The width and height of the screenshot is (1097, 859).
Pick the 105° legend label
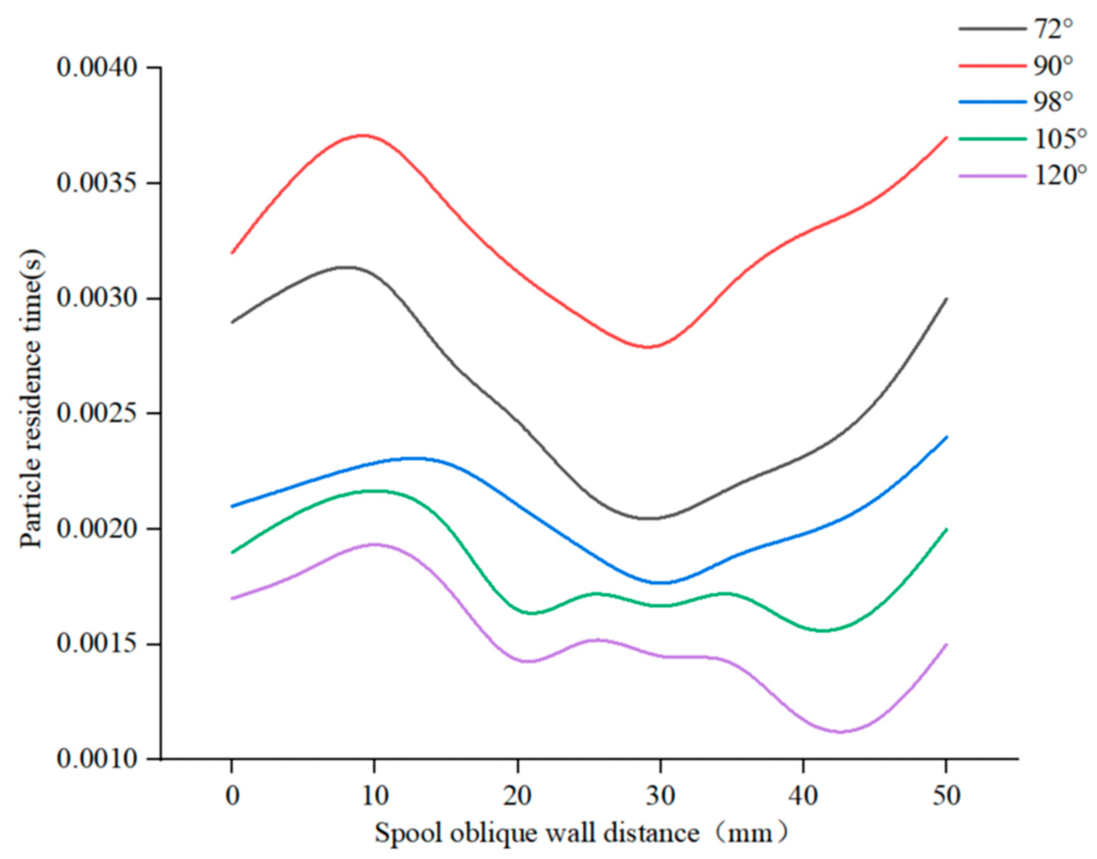coord(1057,139)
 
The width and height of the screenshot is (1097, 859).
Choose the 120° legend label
coord(1057,176)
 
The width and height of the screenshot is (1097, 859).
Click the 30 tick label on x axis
coord(660,796)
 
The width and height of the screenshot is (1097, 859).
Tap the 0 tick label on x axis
coord(232,796)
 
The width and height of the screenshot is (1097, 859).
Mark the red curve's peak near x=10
coord(363,135)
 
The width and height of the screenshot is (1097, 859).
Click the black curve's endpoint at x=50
coord(946,299)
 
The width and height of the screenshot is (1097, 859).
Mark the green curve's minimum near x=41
coord(823,631)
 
